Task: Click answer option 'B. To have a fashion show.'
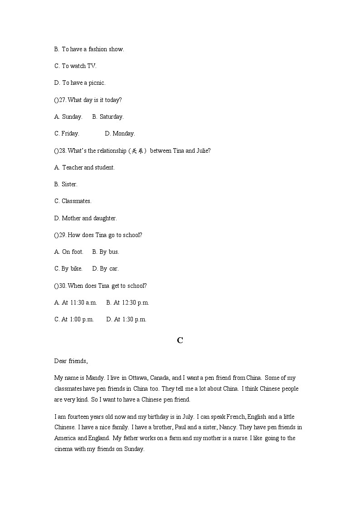coord(89,49)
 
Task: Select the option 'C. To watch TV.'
coord(75,66)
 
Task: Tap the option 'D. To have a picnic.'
coord(80,83)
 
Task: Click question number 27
coord(63,100)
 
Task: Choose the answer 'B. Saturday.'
coord(107,116)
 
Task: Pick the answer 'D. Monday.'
coord(120,133)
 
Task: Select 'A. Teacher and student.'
coord(84,167)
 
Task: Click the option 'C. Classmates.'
coord(73,201)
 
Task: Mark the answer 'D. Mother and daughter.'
coord(85,218)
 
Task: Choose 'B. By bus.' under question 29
coord(105,252)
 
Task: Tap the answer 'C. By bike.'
coord(68,268)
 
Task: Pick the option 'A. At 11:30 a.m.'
coord(75,302)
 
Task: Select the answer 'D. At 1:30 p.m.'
coord(126,319)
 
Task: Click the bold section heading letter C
coord(180,340)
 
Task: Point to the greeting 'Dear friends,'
coord(71,361)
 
